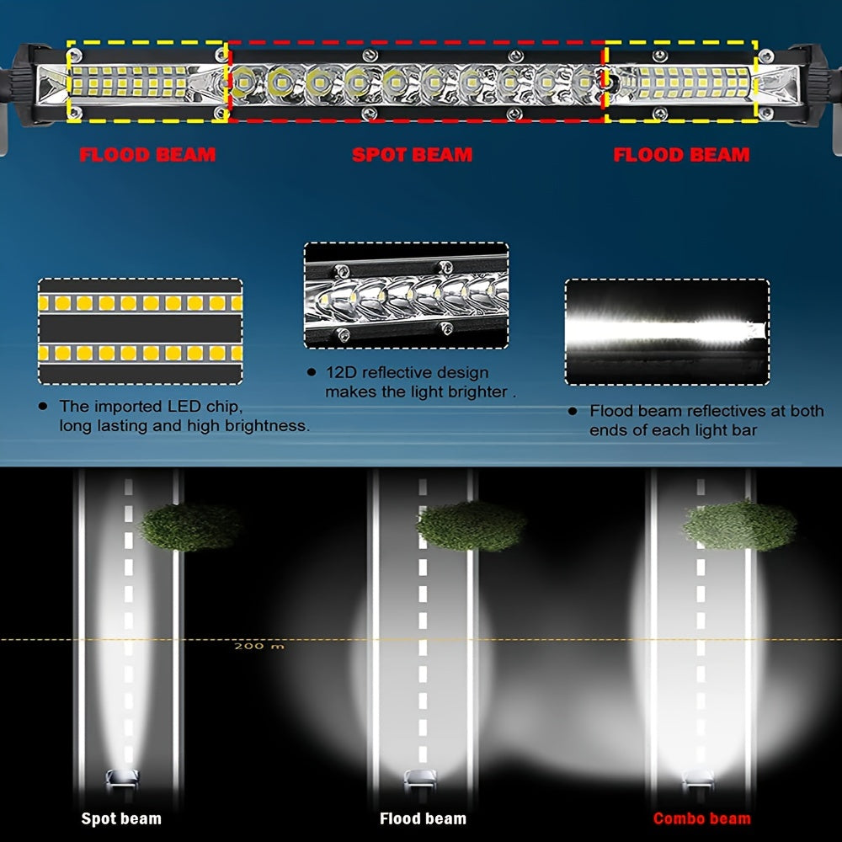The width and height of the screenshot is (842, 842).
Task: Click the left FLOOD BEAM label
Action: (x=147, y=155)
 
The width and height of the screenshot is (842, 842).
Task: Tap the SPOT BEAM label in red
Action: (x=412, y=155)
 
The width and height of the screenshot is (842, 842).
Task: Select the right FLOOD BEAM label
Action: (x=681, y=155)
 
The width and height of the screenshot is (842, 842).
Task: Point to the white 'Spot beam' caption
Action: (x=120, y=818)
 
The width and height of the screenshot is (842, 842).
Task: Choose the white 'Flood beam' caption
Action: (x=423, y=818)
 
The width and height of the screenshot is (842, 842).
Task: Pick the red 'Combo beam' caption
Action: (x=701, y=818)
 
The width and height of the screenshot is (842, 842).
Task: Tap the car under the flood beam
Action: (x=422, y=779)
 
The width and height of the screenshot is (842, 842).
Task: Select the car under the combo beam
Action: (x=700, y=779)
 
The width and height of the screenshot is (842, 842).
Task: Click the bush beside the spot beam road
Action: (x=189, y=527)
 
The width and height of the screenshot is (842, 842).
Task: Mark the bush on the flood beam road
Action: (x=472, y=526)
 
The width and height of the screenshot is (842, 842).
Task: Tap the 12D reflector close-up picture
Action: (x=407, y=295)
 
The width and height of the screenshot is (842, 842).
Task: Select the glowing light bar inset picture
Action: (x=667, y=331)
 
